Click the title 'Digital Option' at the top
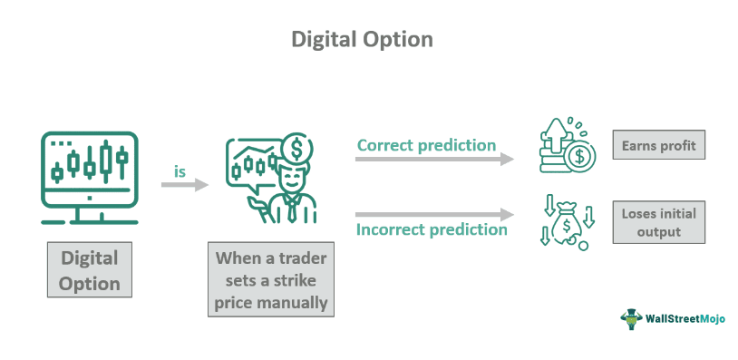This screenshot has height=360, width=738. pyautogui.click(x=362, y=39)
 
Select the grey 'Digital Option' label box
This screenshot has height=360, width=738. pyautogui.click(x=90, y=270)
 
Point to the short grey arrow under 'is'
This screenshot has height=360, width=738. pyautogui.click(x=184, y=185)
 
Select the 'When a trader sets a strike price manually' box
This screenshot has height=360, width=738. pyautogui.click(x=271, y=279)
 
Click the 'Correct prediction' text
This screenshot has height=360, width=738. pyautogui.click(x=426, y=145)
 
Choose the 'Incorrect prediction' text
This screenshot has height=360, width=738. pyautogui.click(x=432, y=229)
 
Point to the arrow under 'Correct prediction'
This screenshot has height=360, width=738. pyautogui.click(x=433, y=160)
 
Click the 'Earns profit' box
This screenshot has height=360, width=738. pyautogui.click(x=657, y=146)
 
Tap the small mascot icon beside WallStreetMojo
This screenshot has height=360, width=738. pyautogui.click(x=629, y=317)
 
